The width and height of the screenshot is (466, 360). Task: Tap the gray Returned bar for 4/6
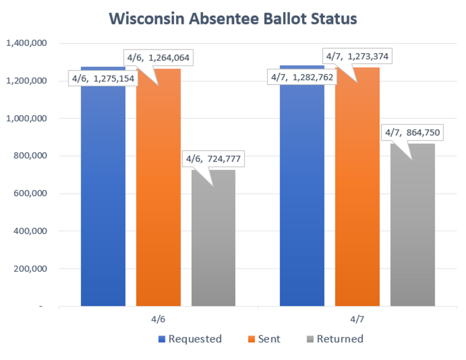[x=213, y=245]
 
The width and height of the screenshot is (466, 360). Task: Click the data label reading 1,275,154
[x=103, y=78]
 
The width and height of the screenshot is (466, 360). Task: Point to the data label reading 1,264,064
[x=158, y=58]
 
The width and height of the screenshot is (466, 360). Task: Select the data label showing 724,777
[x=213, y=158]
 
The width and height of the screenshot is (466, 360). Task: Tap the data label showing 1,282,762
[x=302, y=76]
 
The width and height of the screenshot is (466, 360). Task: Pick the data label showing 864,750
[x=412, y=132]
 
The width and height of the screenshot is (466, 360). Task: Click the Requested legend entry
[x=190, y=339]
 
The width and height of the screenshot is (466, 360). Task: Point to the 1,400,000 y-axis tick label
[x=26, y=43]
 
